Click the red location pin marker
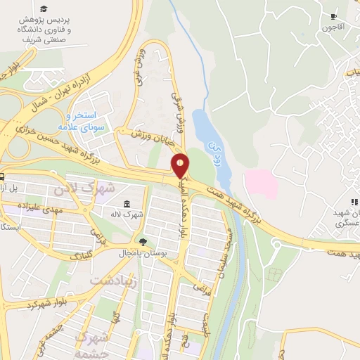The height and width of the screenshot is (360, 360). point(181,166)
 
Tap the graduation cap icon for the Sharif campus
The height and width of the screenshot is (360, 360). point(45,8)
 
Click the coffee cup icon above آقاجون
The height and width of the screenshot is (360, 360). point(334,15)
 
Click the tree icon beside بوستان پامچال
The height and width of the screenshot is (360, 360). point(143,241)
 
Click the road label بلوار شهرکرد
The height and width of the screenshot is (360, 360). point(50,304)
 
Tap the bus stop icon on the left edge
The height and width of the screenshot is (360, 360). point(4,176)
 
